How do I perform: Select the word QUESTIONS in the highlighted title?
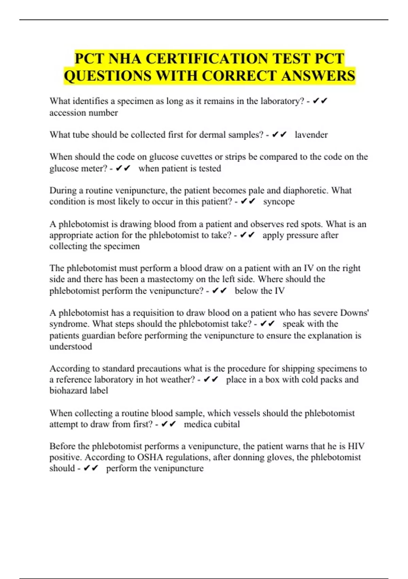point(107,76)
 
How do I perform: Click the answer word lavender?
point(311,135)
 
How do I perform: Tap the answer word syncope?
point(279,202)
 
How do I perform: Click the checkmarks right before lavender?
point(279,135)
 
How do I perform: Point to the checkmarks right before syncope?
point(248,202)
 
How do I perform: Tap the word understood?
point(71,347)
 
